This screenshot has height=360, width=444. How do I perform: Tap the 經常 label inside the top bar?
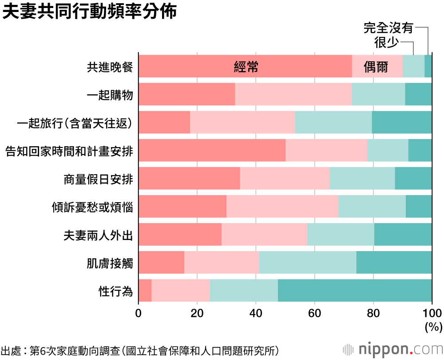(246, 67)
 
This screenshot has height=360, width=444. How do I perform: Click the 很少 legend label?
(386, 42)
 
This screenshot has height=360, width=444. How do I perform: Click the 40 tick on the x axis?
(256, 314)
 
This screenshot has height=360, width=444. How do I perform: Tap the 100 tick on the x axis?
(432, 314)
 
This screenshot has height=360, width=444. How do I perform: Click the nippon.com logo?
(391, 348)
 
